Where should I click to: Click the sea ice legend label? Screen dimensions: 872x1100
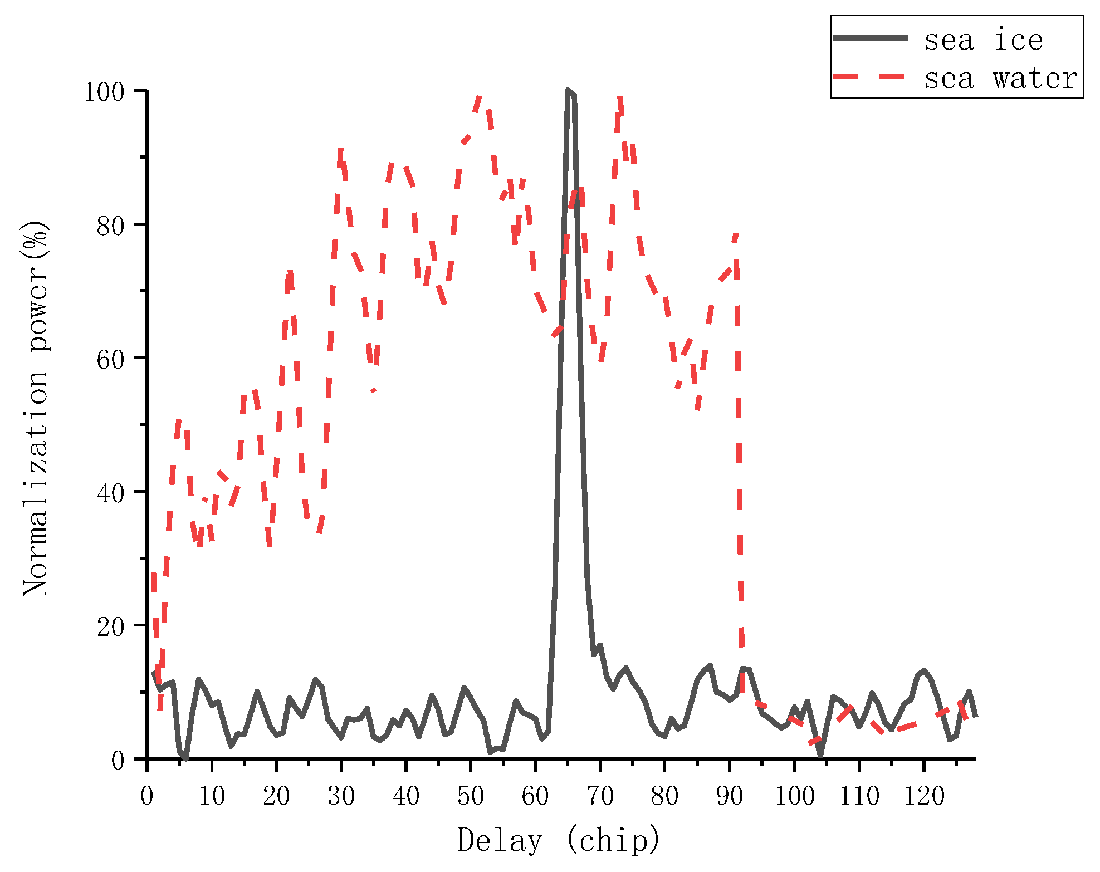pyautogui.click(x=984, y=40)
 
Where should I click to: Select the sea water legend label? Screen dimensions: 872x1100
pyautogui.click(x=1001, y=78)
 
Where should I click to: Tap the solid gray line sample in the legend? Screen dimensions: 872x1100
pyautogui.click(x=871, y=38)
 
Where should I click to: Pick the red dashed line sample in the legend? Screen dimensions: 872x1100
pyautogui.click(x=871, y=76)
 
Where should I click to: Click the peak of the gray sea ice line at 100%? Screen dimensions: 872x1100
pyautogui.click(x=568, y=91)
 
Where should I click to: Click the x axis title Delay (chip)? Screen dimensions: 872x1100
pyautogui.click(x=559, y=840)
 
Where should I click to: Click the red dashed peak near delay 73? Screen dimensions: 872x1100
pyautogui.click(x=620, y=99)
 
